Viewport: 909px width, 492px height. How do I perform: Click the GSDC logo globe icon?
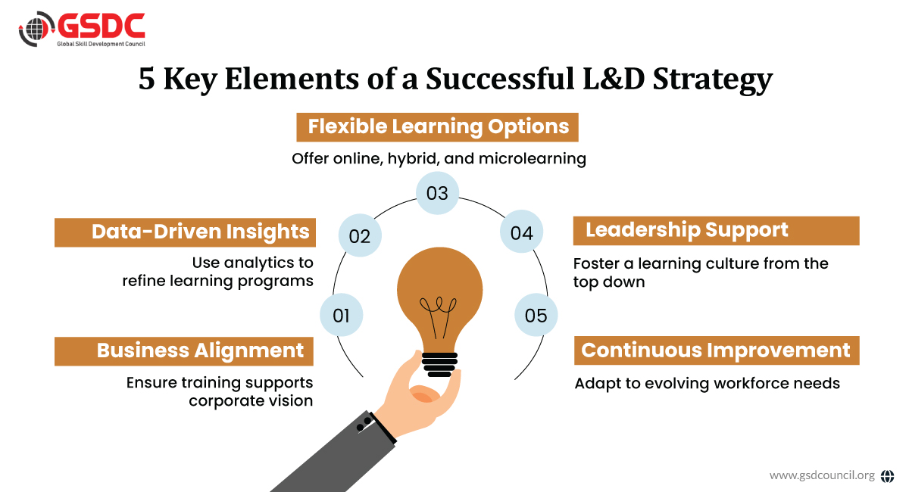coord(36,29)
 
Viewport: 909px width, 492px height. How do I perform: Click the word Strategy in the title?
coord(713,79)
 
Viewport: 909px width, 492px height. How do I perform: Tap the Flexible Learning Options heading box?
coord(438,127)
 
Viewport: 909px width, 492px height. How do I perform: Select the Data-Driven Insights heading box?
coord(185,232)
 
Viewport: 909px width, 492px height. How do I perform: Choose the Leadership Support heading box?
coord(717,231)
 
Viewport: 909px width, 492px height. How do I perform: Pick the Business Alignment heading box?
coord(184,351)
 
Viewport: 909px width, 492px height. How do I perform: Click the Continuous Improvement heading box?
coord(717,350)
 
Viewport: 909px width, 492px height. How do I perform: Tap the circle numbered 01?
coord(342,315)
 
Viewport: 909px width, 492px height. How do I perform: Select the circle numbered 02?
coord(360,235)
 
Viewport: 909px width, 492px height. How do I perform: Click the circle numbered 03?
coord(438,193)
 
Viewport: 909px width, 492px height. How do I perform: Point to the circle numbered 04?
coord(521,232)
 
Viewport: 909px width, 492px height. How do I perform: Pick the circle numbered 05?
coord(536,315)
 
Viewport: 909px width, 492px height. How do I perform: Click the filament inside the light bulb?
coord(439,317)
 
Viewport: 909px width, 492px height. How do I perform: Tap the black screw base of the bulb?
coord(439,365)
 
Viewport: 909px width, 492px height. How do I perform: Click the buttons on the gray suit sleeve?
coord(364,425)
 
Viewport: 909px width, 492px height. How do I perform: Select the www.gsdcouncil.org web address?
coord(822,475)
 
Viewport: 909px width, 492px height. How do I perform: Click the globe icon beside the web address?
coord(888,476)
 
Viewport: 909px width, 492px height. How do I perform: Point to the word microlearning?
coord(533,159)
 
